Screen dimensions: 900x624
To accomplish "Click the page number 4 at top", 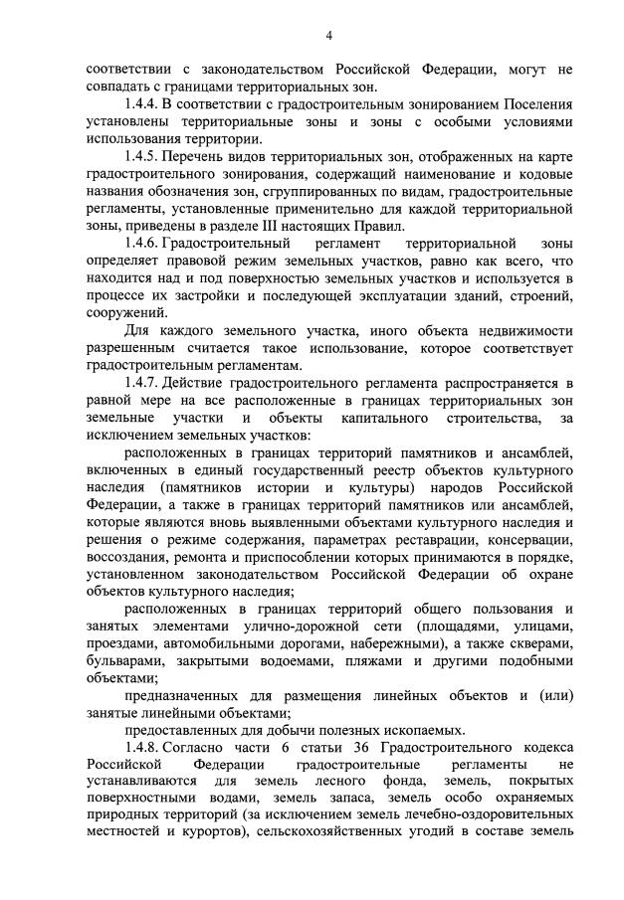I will (327, 36).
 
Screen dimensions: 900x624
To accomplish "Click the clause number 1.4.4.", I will (140, 104).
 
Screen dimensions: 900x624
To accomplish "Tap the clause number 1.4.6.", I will (140, 243).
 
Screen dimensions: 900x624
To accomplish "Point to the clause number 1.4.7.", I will (140, 383).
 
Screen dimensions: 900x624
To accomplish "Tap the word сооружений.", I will (124, 312).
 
